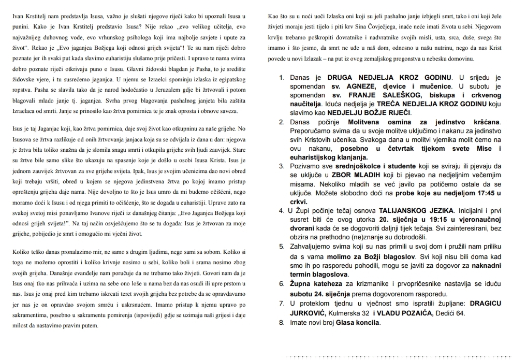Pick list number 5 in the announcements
pyautogui.click(x=282, y=247)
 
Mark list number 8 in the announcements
pyautogui.click(x=282, y=322)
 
